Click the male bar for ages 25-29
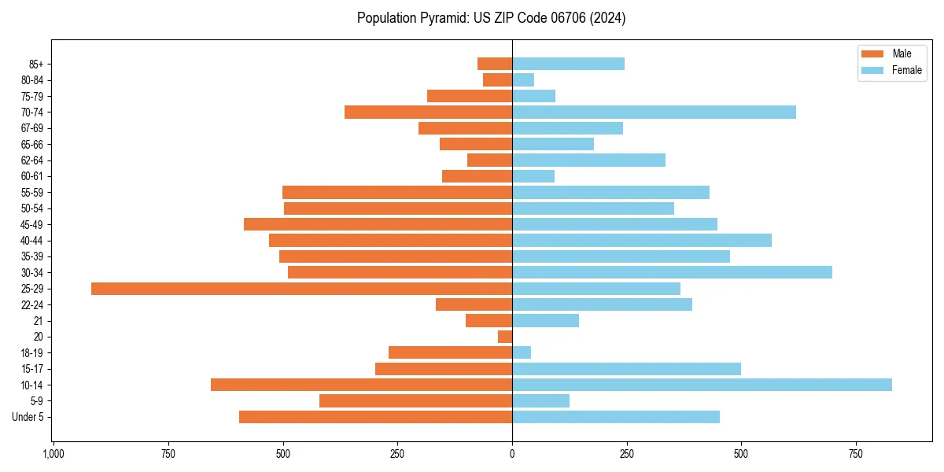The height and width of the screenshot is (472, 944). [x=301, y=289]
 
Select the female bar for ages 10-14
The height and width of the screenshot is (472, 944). [x=702, y=385]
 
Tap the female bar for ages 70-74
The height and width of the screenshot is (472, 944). [x=654, y=112]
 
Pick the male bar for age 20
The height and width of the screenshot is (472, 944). [x=505, y=337]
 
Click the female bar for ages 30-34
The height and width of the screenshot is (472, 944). [x=672, y=272]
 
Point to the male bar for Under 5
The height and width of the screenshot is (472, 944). [x=375, y=417]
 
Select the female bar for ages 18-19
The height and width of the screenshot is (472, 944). [x=522, y=352]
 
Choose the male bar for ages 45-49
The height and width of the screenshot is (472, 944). [x=378, y=224]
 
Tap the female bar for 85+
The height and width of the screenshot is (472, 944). [x=568, y=64]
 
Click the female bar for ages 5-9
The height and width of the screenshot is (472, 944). [x=540, y=400]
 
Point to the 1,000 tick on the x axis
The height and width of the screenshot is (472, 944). [x=53, y=454]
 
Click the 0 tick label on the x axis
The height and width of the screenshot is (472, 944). [x=512, y=454]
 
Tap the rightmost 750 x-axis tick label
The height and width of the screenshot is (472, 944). [x=856, y=454]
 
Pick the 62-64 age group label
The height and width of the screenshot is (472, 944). [x=32, y=160]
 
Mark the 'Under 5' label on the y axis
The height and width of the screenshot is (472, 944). [x=28, y=417]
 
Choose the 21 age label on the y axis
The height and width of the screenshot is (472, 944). [x=39, y=321]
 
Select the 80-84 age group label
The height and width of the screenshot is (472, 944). [x=32, y=80]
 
